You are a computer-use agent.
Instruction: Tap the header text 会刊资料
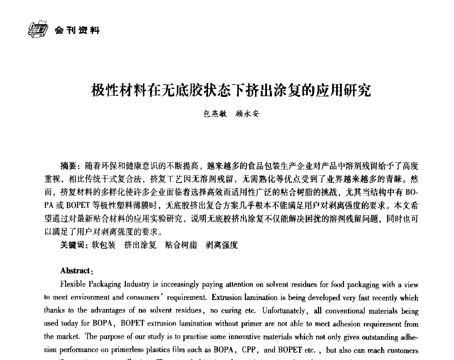77,30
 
